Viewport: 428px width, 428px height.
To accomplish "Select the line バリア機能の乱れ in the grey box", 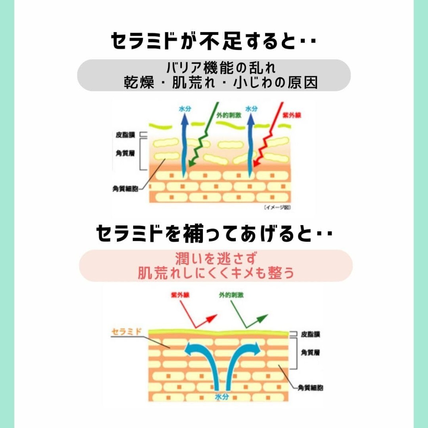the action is (x=221, y=68).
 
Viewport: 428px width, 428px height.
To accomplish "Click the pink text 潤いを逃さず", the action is (x=216, y=258).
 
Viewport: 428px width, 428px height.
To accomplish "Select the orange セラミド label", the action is (x=126, y=331).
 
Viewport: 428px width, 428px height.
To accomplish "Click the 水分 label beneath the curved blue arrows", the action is (x=222, y=397).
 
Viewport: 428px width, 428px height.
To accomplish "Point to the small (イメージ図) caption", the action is (x=277, y=207).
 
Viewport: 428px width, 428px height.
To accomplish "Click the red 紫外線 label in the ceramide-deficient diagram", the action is (x=292, y=115).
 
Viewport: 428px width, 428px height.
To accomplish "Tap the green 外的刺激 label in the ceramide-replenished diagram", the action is (x=231, y=295).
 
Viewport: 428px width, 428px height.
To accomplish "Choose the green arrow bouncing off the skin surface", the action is (x=249, y=318).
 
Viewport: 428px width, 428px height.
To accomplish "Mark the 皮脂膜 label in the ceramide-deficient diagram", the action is (x=125, y=135).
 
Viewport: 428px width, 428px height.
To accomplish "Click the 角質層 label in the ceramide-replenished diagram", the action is (x=310, y=352).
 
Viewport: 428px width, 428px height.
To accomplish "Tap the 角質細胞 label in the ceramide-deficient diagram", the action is (x=125, y=189).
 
